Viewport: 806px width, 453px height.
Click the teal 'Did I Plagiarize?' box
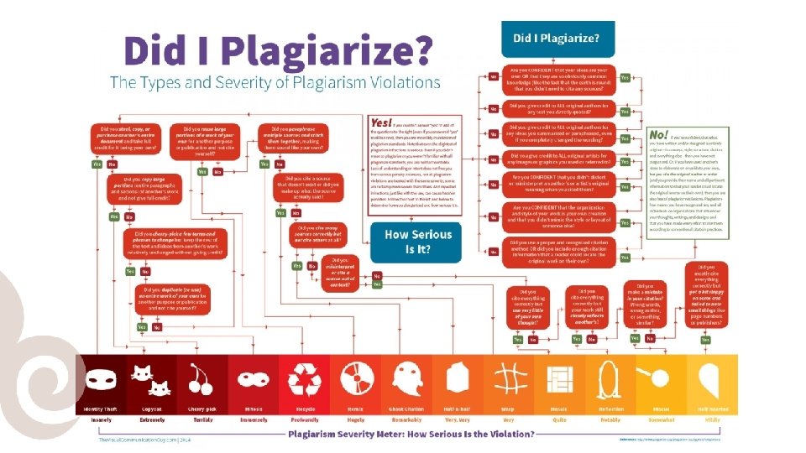click(x=557, y=39)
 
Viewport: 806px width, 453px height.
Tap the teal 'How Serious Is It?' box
click(x=417, y=242)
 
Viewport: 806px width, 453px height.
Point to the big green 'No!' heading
click(x=659, y=135)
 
